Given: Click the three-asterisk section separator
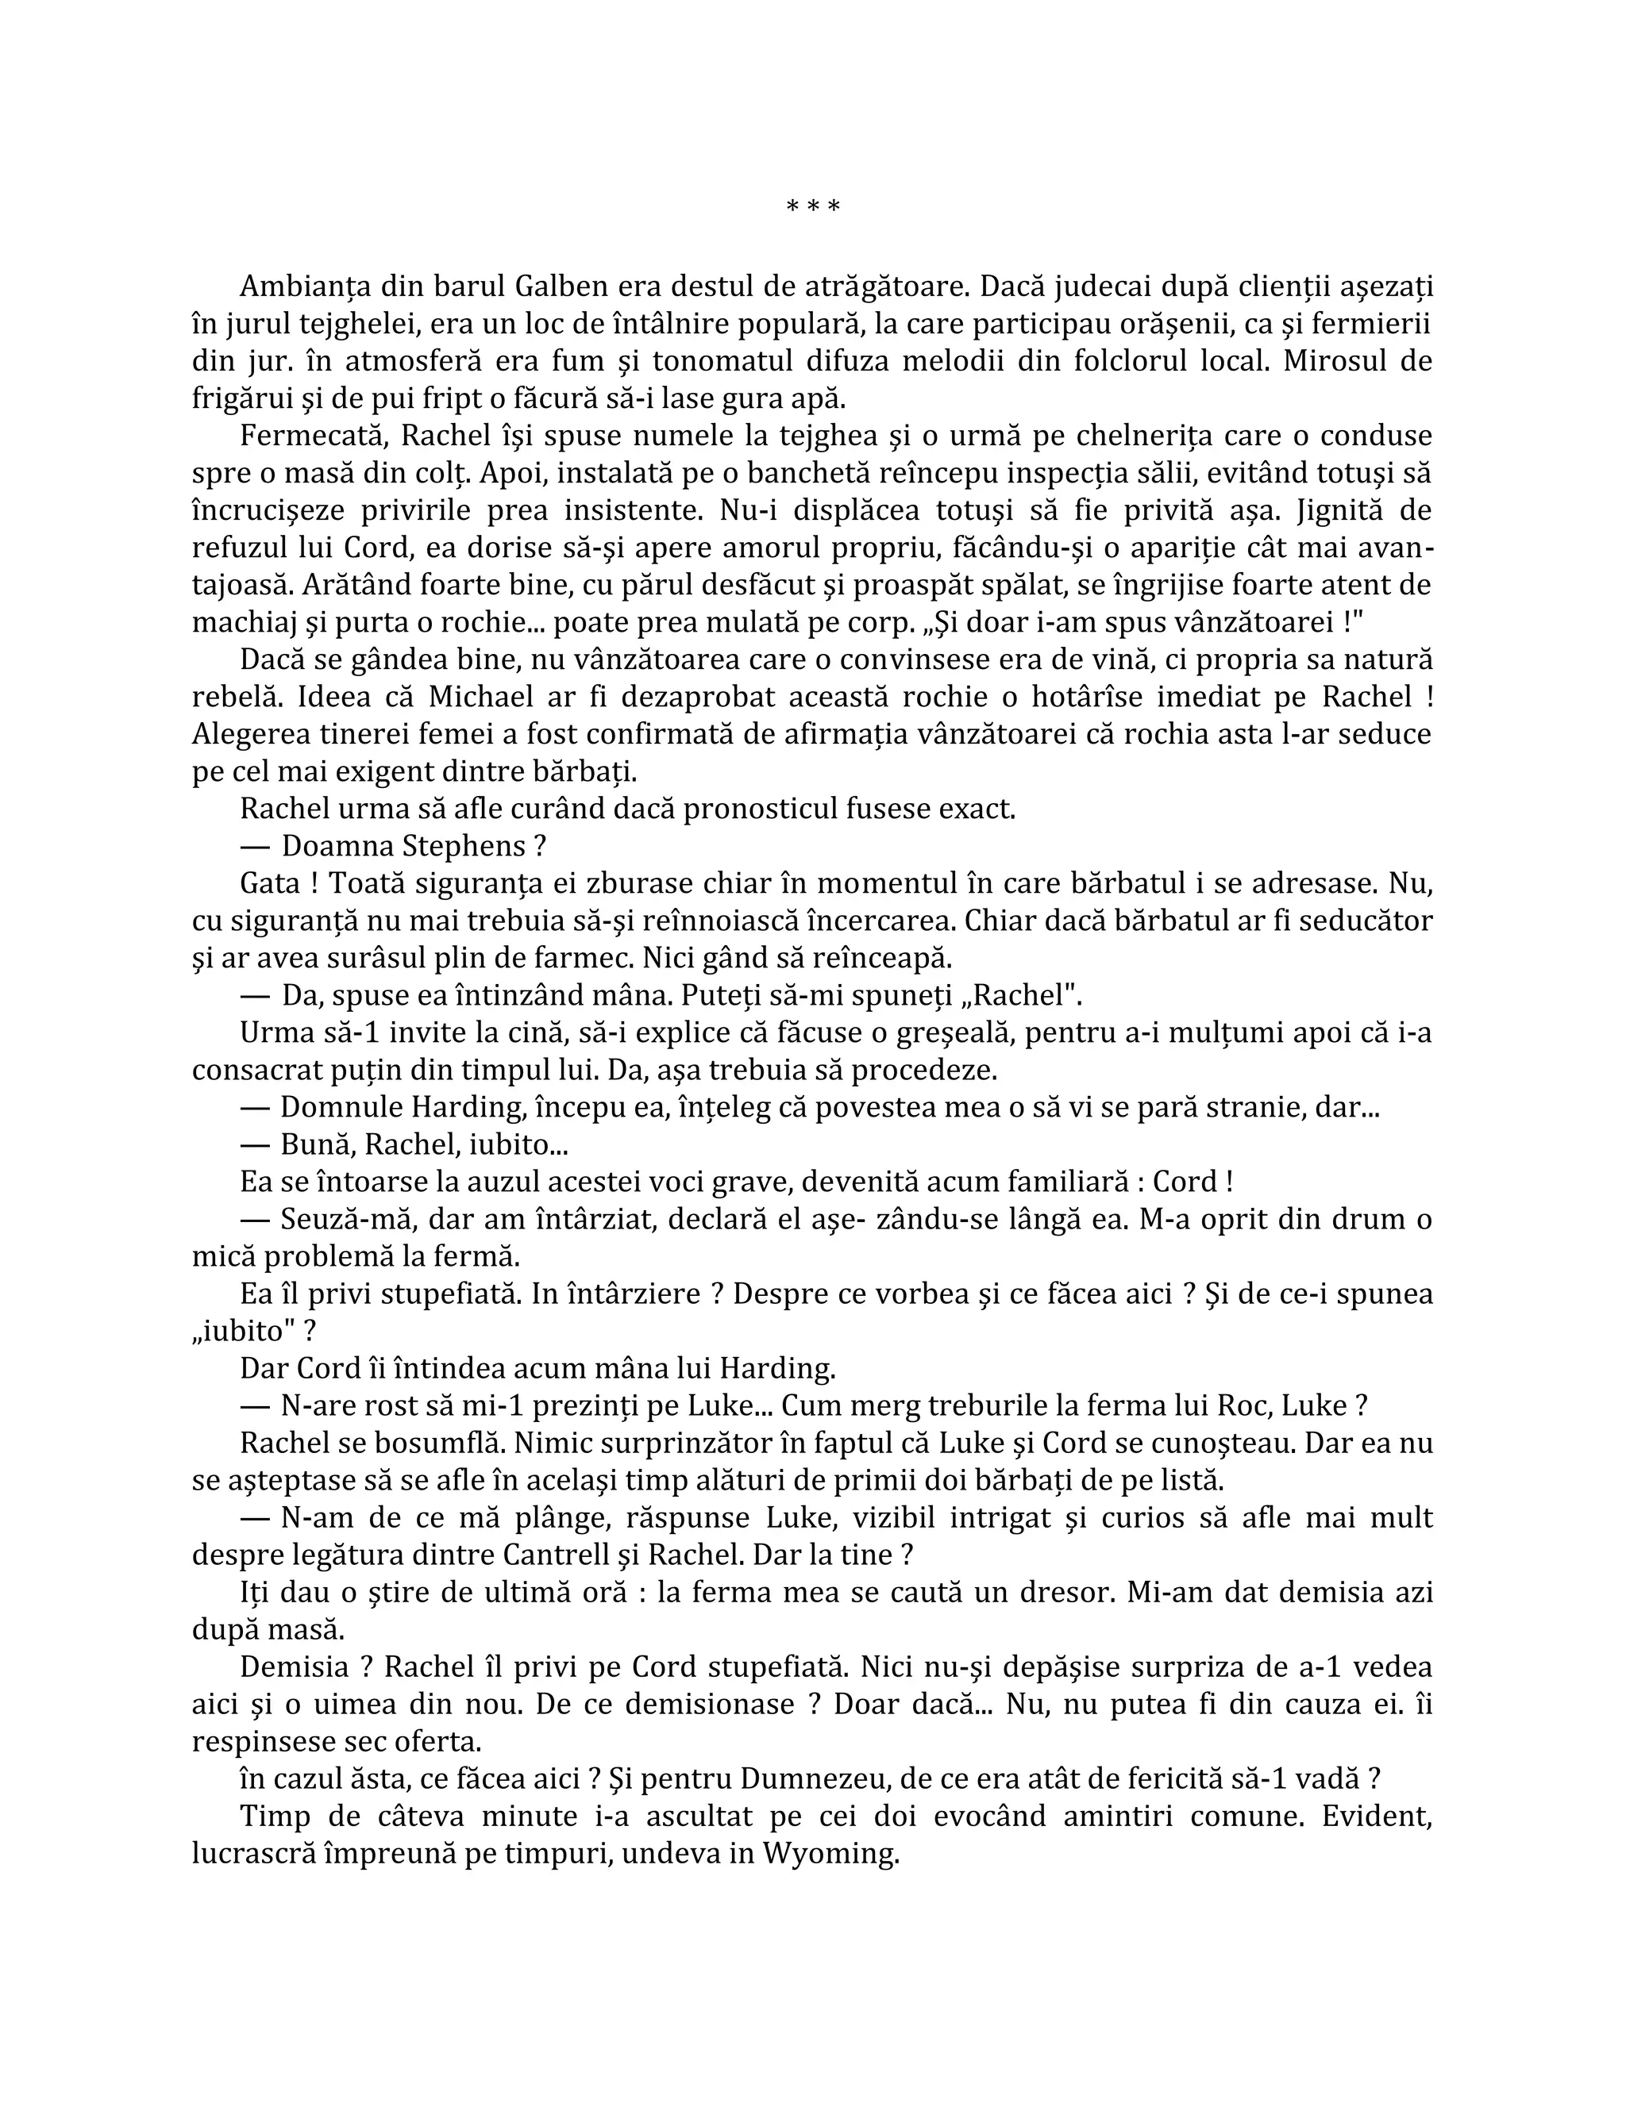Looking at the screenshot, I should click(813, 206).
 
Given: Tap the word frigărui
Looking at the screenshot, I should click(244, 398).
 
